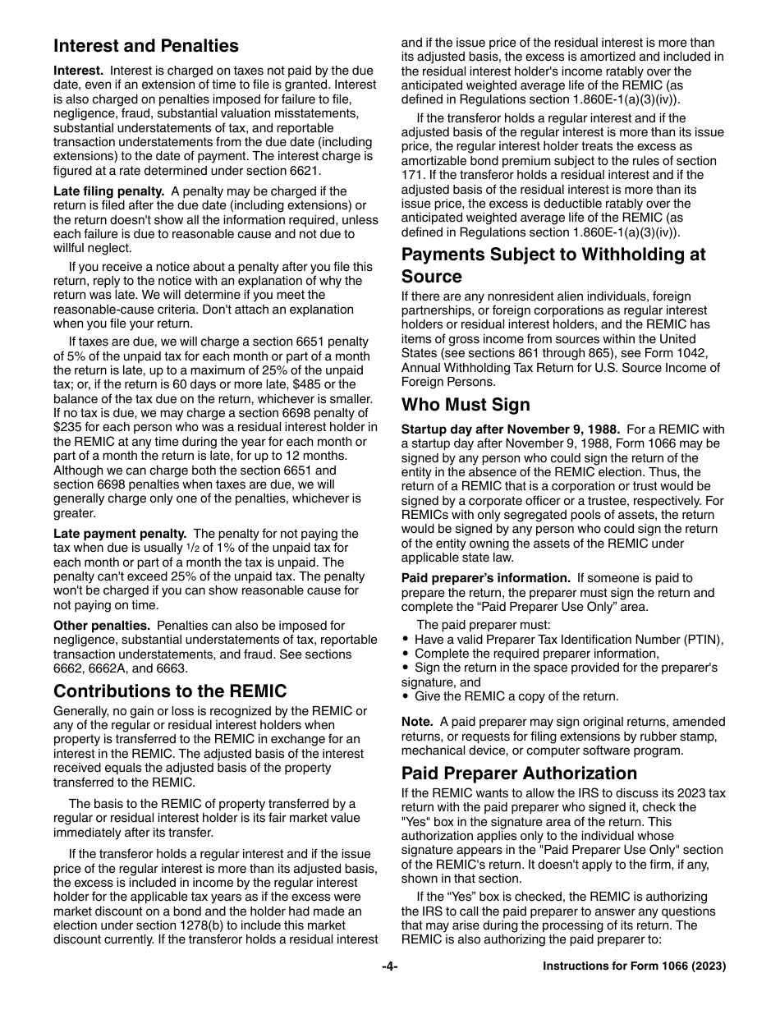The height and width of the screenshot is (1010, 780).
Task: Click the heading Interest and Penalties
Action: coord(146,46)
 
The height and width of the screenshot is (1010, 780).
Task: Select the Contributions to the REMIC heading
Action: coord(170,691)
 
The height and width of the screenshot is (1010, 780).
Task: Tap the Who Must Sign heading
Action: coord(466,404)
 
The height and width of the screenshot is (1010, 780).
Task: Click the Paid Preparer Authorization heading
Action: coord(519,773)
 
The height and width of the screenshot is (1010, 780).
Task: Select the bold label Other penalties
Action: coord(102,626)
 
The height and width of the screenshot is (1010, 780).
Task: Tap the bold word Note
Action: coord(416,722)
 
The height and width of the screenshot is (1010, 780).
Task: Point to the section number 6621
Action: coord(303,171)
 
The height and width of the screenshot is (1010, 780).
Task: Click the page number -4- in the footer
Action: coord(389,966)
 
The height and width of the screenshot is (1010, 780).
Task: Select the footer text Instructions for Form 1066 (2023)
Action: coord(634,966)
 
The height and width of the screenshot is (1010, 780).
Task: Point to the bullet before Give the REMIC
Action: coord(406,696)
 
